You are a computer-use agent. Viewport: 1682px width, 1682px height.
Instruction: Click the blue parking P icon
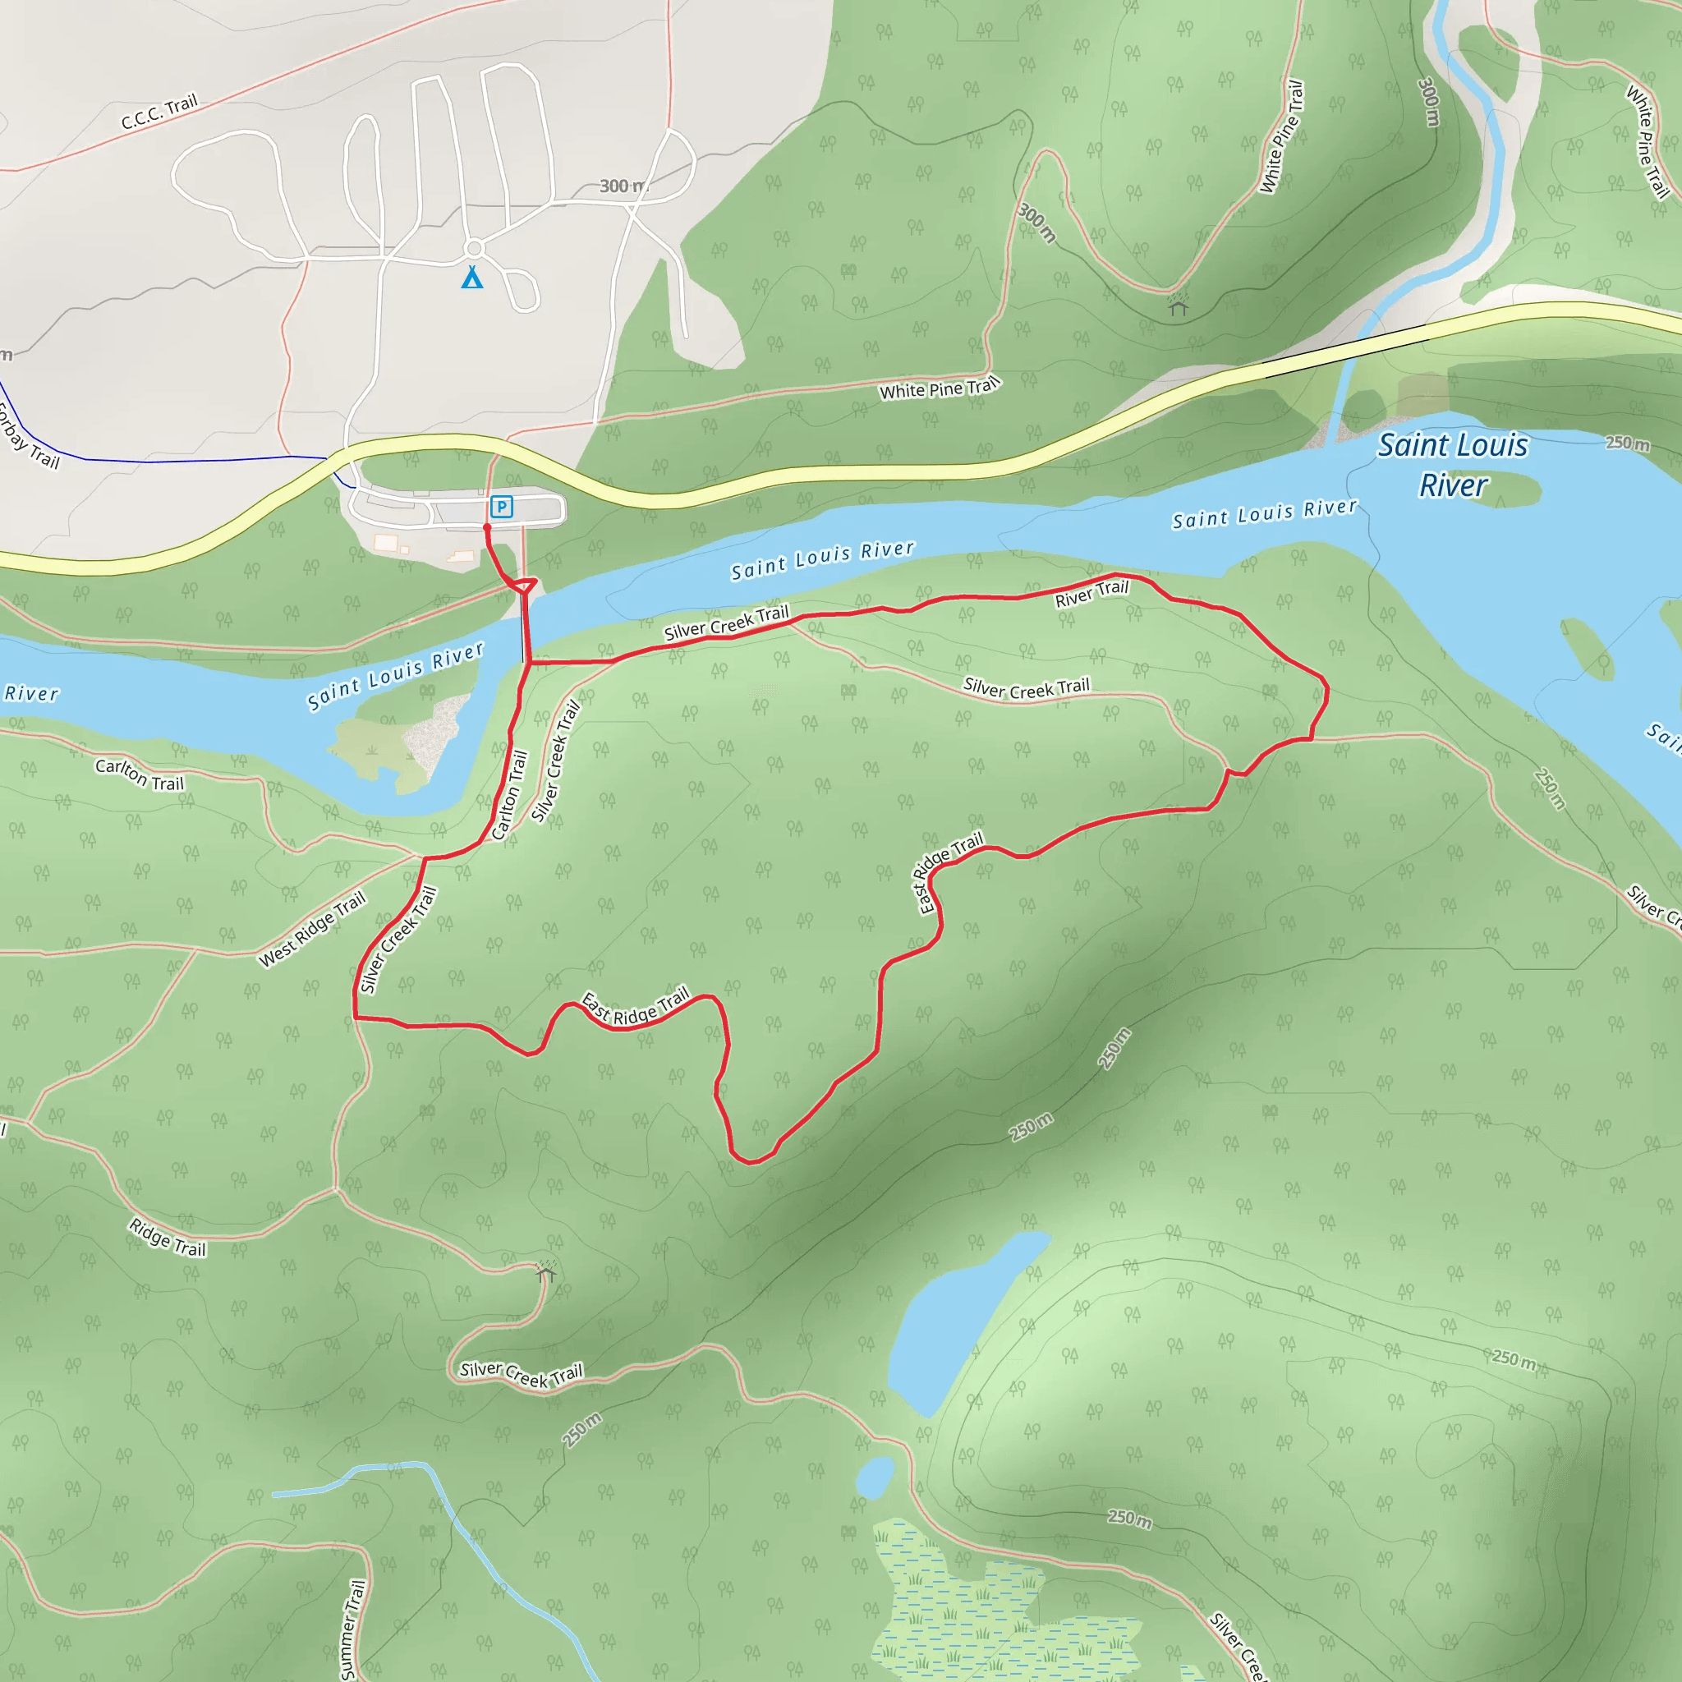(x=501, y=506)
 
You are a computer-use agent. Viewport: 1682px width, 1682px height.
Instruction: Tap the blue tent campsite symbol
(x=472, y=277)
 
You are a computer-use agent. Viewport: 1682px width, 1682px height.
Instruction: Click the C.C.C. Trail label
(x=159, y=113)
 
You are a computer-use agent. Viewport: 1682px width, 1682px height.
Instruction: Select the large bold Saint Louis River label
(x=1452, y=465)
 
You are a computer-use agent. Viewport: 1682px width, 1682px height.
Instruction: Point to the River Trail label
(x=1091, y=594)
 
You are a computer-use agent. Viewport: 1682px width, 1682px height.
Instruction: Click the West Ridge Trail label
(x=311, y=930)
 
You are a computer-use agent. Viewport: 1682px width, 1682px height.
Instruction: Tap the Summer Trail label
(x=352, y=1629)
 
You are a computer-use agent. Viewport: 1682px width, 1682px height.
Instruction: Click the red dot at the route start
(x=487, y=527)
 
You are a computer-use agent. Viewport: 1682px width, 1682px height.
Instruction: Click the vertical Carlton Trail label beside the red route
(x=509, y=796)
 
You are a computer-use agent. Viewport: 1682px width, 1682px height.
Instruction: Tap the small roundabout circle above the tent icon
(x=475, y=248)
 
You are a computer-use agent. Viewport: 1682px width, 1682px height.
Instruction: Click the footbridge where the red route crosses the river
(x=525, y=627)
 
